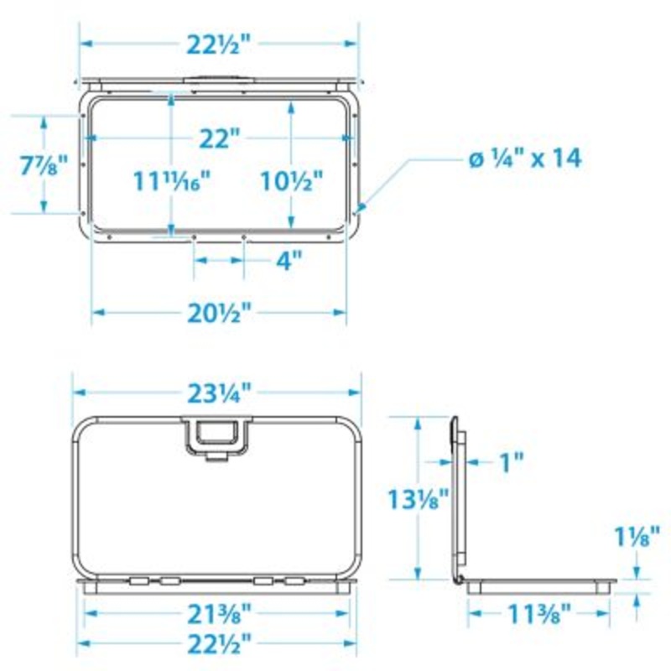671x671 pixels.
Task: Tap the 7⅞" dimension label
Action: point(42,164)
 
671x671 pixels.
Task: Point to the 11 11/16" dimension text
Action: point(170,179)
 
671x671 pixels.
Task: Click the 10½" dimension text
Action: point(291,179)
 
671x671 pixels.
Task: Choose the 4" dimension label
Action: point(288,261)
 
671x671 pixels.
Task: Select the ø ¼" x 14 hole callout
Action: point(524,159)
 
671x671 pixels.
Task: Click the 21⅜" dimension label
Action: point(221,614)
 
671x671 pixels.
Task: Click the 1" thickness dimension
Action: point(511,460)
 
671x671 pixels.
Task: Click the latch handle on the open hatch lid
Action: point(217,436)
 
